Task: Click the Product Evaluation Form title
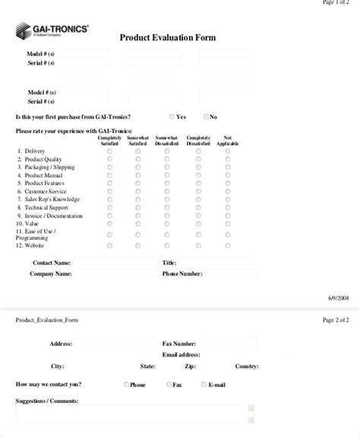(x=168, y=38)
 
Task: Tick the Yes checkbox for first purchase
(x=172, y=117)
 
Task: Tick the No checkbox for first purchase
(x=207, y=117)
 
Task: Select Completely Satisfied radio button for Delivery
(x=109, y=151)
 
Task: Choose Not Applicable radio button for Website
(x=228, y=246)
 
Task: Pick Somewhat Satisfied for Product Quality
(x=138, y=159)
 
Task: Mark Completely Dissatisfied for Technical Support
(x=198, y=208)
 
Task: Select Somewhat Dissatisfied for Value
(x=167, y=225)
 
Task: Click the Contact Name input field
(x=114, y=263)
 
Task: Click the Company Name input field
(x=114, y=273)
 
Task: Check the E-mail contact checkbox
(x=204, y=385)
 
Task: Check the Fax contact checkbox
(x=168, y=385)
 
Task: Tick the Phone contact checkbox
(x=126, y=385)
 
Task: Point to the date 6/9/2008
(x=338, y=299)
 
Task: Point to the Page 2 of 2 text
(x=336, y=320)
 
